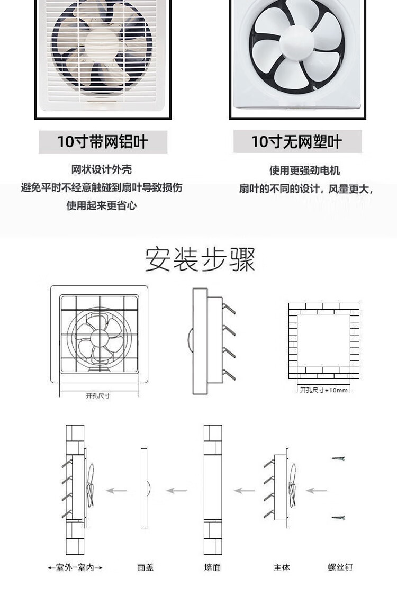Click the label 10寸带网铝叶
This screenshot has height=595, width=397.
103,142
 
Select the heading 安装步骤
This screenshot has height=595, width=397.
200,259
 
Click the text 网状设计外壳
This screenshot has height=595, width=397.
102,169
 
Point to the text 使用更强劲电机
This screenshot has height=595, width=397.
304,170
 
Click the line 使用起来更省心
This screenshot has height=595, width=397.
102,205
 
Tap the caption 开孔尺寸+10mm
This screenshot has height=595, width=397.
324,390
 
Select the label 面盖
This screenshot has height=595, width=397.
145,567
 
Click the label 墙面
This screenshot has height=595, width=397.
212,567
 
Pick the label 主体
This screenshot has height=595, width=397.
282,567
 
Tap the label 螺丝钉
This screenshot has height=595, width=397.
340,567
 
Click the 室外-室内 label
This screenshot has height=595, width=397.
75,567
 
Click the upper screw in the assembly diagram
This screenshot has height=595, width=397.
338,458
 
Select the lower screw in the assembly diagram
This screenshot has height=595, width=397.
338,517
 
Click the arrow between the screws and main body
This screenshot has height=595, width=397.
317,491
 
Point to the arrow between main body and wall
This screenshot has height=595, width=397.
245,491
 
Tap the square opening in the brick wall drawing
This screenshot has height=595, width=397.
323,340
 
